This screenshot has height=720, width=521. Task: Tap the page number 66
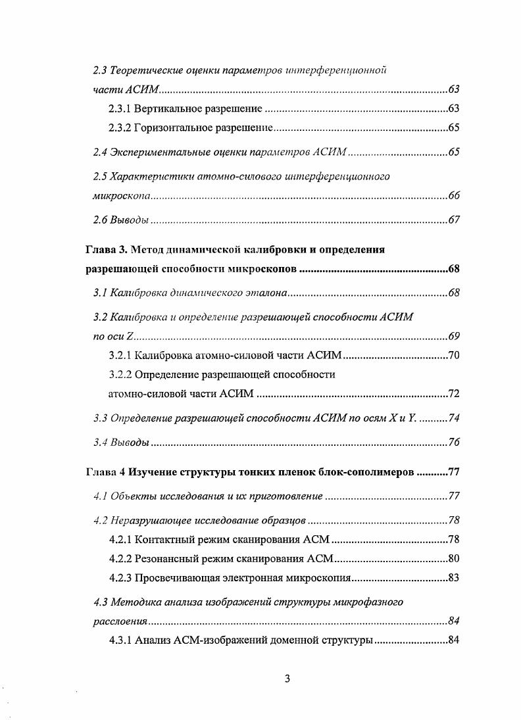click(453, 196)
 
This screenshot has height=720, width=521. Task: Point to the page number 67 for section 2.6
click(453, 220)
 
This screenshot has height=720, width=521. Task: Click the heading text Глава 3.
click(107, 250)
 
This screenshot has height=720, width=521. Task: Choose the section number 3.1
click(100, 292)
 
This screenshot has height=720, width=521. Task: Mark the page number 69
click(453, 337)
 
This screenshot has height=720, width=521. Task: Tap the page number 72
click(453, 394)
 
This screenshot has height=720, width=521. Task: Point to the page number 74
click(453, 418)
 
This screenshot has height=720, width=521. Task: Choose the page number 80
click(453, 559)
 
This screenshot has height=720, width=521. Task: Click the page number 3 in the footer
click(287, 679)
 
